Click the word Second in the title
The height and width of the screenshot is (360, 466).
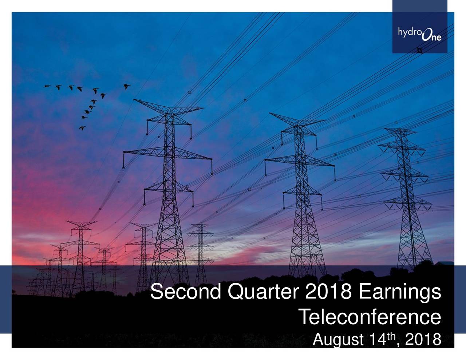[186, 292]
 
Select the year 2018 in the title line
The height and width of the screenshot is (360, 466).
[328, 292]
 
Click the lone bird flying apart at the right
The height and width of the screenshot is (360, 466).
[127, 86]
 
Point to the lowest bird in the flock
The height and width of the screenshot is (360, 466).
[82, 128]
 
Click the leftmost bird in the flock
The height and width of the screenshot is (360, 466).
[47, 86]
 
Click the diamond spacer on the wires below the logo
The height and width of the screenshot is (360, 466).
[419, 50]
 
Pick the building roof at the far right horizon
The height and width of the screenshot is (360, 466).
[447, 263]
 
